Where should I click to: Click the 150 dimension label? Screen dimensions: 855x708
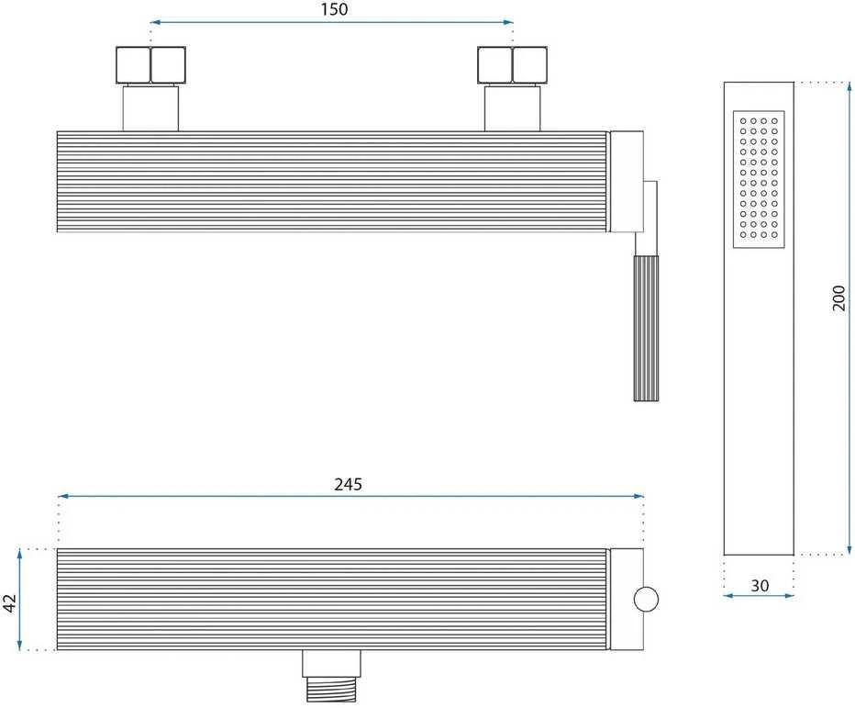pyautogui.click(x=334, y=9)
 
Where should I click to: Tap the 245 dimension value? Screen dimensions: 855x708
pyautogui.click(x=348, y=484)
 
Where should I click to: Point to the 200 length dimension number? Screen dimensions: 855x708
pyautogui.click(x=838, y=298)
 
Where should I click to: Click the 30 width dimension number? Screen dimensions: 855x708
pyautogui.click(x=760, y=586)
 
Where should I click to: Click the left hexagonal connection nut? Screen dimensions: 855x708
pyautogui.click(x=150, y=65)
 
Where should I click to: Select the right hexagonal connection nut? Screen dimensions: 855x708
pyautogui.click(x=512, y=65)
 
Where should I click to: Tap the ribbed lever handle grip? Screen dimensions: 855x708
pyautogui.click(x=646, y=328)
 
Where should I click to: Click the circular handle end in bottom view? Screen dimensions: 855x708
pyautogui.click(x=646, y=600)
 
